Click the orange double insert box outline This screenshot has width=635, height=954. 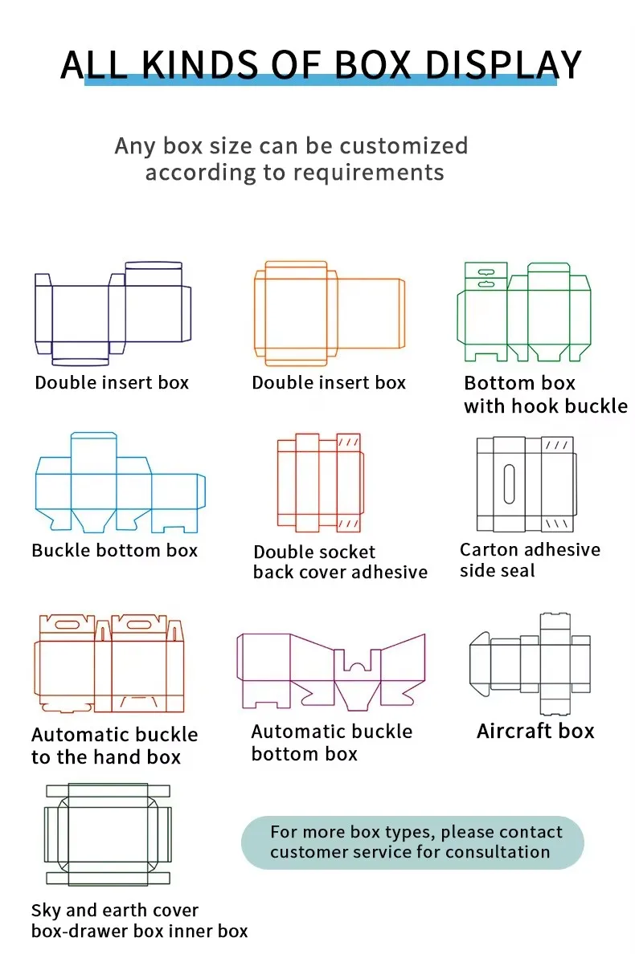click(x=329, y=309)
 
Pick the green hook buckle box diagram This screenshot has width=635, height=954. click(x=523, y=312)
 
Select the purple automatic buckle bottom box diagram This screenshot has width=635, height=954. click(x=330, y=671)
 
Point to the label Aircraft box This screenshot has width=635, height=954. click(x=535, y=732)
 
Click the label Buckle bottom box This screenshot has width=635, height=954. click(x=115, y=551)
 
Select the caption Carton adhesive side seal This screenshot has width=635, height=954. click(x=530, y=561)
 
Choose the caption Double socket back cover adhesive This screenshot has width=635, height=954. click(x=340, y=562)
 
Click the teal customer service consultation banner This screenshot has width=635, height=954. click(x=412, y=842)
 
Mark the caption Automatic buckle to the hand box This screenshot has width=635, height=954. click(x=114, y=746)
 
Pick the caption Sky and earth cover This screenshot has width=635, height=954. click(x=115, y=911)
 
